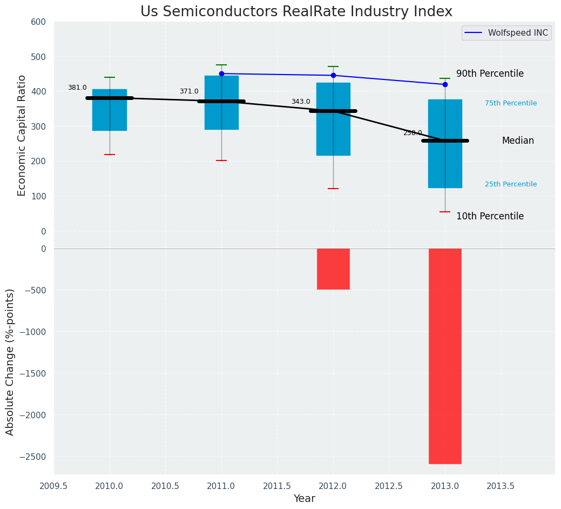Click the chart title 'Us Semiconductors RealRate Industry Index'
click(296, 11)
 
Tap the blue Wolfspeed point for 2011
click(221, 73)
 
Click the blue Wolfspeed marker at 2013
click(445, 84)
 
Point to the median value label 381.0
click(77, 88)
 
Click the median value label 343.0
click(301, 102)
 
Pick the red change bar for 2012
click(333, 269)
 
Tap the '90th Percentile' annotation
click(490, 73)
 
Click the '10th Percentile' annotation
click(490, 216)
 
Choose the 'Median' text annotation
click(518, 140)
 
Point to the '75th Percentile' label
click(511, 103)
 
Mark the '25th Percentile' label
click(511, 184)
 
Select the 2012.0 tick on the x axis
click(333, 485)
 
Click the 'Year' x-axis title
click(304, 499)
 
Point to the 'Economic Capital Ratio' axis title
click(22, 135)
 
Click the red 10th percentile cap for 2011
click(221, 160)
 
